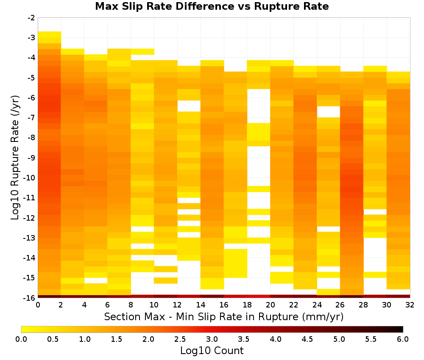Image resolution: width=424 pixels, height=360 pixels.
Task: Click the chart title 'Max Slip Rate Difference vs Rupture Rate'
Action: tap(212, 6)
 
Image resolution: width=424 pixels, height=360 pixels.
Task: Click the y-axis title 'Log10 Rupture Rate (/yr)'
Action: tap(15, 158)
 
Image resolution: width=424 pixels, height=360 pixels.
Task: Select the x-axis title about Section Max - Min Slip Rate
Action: tap(224, 317)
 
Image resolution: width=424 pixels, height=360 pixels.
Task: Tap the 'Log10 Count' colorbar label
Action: tap(212, 351)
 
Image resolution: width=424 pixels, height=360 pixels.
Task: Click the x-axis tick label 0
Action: tap(38, 305)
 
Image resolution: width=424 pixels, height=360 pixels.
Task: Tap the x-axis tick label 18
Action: tap(247, 305)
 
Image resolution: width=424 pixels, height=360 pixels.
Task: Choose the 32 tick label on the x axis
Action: tap(410, 305)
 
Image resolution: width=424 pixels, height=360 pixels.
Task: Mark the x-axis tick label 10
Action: tap(154, 305)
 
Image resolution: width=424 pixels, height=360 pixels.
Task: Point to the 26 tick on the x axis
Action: tap(340, 305)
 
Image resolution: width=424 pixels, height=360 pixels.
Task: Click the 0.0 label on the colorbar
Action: tap(21, 339)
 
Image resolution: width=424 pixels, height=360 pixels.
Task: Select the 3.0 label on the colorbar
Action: tap(212, 339)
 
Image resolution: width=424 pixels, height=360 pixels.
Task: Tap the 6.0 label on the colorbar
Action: tap(403, 339)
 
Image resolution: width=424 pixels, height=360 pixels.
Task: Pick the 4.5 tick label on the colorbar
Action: tap(307, 339)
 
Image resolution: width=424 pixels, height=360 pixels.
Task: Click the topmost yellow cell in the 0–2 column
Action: tap(50, 34)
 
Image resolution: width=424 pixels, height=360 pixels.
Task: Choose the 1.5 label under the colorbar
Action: tap(117, 339)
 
